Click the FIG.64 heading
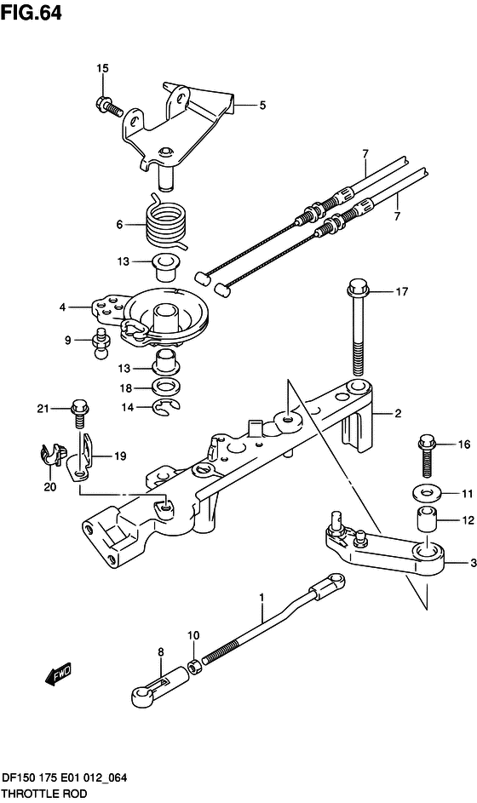[32, 12]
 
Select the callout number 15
[102, 68]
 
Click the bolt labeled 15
[107, 105]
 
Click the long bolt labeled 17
[358, 330]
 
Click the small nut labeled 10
[195, 668]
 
